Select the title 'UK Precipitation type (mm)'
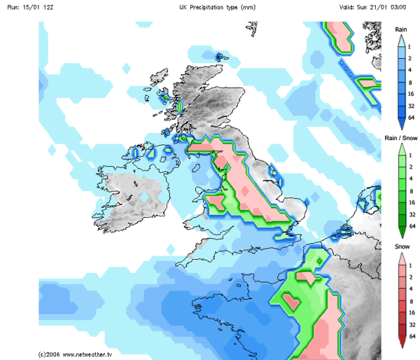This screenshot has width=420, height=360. tap(217, 7)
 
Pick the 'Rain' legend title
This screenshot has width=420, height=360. tap(401, 29)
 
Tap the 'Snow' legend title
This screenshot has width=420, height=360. tap(401, 247)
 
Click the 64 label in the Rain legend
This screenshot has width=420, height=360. tap(413, 118)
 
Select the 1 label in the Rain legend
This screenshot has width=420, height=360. tap(413, 46)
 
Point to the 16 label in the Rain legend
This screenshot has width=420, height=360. tap(413, 94)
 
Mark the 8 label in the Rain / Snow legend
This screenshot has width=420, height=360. tap(413, 191)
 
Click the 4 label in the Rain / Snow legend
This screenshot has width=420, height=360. tap(413, 179)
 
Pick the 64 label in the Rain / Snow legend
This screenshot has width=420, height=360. tap(413, 226)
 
